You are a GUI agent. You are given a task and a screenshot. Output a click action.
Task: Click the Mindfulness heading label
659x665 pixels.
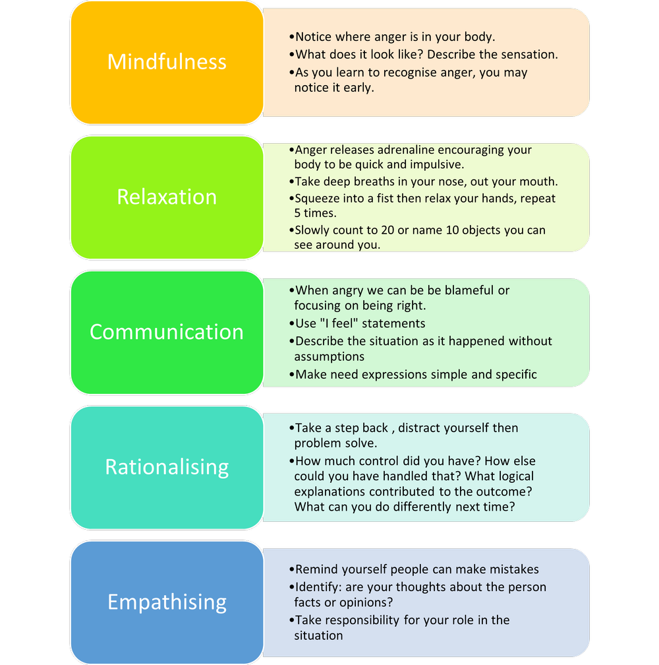[167, 62]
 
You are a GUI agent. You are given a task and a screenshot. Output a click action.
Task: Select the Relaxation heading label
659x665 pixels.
[167, 197]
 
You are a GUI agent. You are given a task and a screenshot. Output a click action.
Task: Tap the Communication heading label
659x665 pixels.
[167, 332]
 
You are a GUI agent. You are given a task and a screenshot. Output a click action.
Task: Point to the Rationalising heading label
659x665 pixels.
[167, 467]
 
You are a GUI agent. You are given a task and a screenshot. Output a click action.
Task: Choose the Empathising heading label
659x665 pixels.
[167, 602]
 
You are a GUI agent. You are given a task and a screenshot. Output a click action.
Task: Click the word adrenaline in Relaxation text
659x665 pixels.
[403, 150]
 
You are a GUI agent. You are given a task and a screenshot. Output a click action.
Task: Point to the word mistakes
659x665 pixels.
[510, 569]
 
